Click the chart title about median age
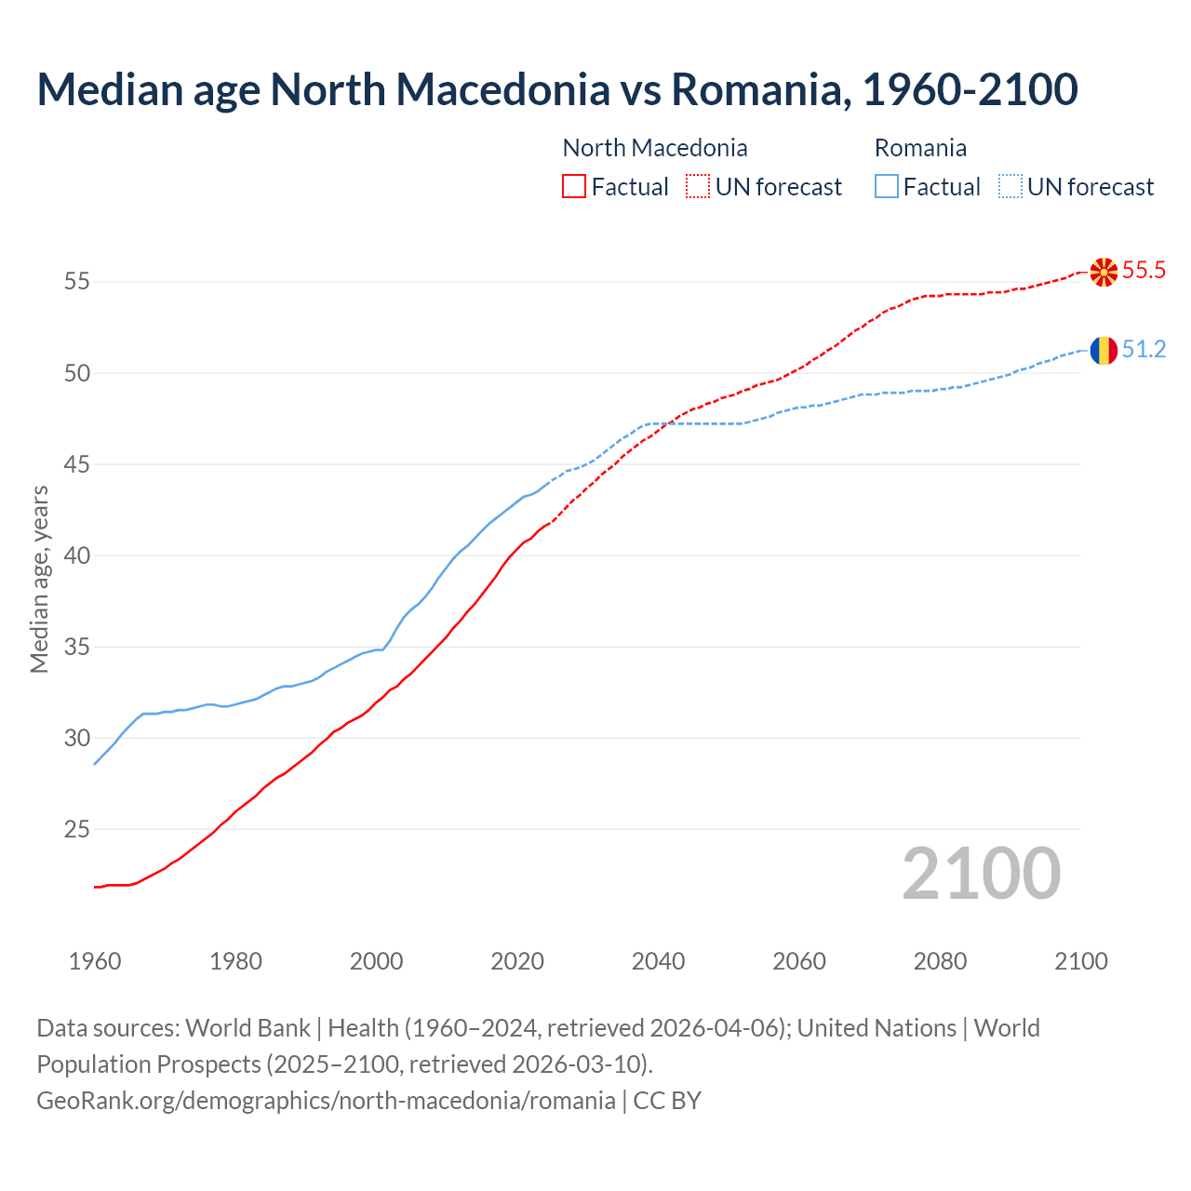556,89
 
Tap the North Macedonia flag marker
1104,272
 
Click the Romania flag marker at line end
1104,351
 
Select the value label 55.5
1144,271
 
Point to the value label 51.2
1144,350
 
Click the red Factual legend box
574,187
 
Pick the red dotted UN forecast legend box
698,187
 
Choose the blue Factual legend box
887,187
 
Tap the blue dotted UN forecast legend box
1010,187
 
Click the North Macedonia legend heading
655,148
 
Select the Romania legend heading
920,148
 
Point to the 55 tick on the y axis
77,281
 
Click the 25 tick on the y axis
77,829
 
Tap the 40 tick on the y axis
77,555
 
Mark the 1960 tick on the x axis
95,961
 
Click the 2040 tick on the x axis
658,961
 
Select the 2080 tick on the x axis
940,961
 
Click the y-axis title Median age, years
39,579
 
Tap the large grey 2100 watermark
981,874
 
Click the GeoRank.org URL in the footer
326,1101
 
